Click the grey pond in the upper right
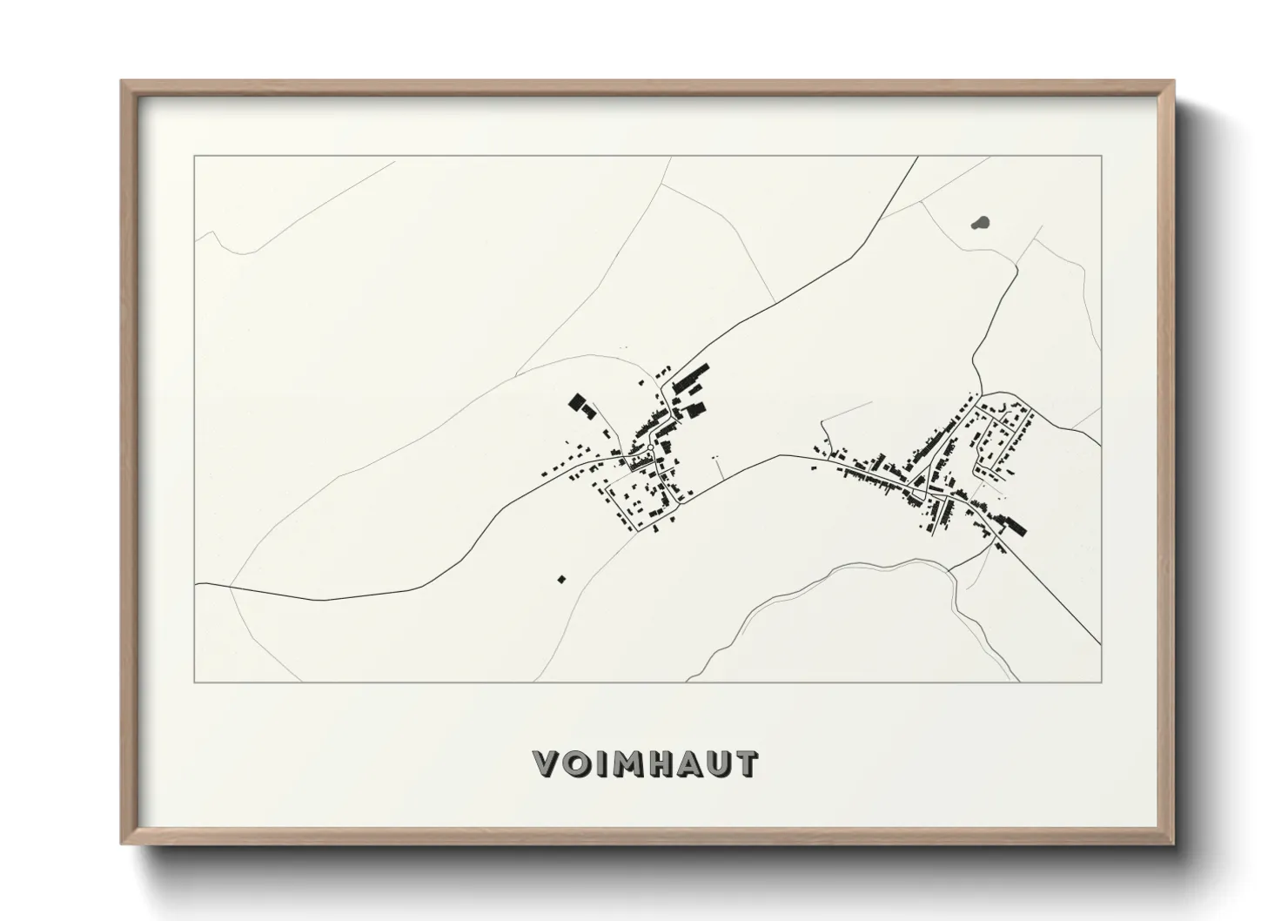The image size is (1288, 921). click(981, 224)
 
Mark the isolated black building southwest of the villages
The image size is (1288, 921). click(561, 578)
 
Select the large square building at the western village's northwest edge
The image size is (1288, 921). click(576, 401)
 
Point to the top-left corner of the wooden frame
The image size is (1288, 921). click(123, 83)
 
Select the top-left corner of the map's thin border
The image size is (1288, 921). click(194, 157)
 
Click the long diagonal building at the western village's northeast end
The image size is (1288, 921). click(691, 380)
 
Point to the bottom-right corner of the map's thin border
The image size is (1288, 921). click(1101, 682)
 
